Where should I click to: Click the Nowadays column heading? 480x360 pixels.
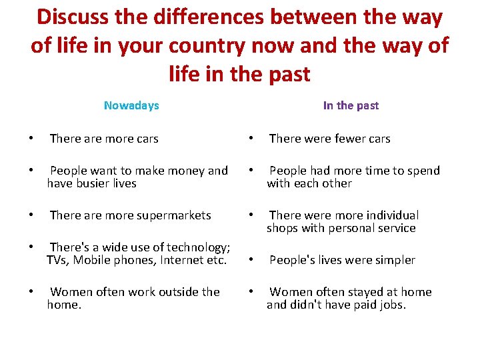pos(131,105)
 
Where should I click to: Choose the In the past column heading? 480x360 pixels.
pos(351,105)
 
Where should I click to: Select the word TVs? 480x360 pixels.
pos(57,260)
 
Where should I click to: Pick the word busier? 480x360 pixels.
pos(92,183)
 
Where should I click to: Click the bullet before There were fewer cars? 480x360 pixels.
pos(251,139)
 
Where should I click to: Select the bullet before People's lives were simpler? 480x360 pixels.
pos(251,260)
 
